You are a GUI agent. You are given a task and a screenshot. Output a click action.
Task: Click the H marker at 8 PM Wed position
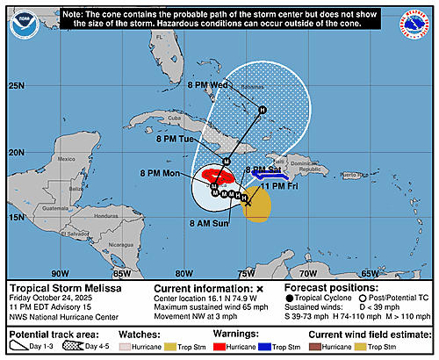[x=261, y=110]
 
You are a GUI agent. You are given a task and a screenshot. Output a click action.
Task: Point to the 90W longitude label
[x=60, y=272]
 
